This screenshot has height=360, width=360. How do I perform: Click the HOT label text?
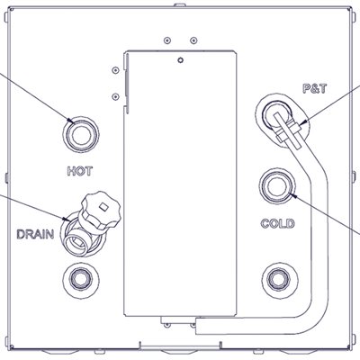pyautogui.click(x=80, y=171)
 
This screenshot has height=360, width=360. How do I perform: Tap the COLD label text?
pyautogui.click(x=278, y=223)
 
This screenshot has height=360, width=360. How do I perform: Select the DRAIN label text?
pyautogui.click(x=35, y=234)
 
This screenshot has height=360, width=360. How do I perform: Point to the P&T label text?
pyautogui.click(x=314, y=89)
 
